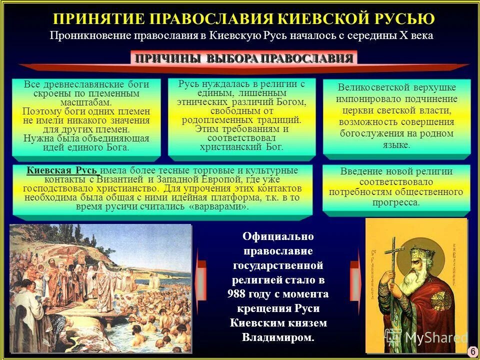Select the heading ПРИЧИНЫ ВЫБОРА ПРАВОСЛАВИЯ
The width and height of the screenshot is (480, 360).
pyautogui.click(x=244, y=58)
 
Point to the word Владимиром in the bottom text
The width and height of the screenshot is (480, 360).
pyautogui.click(x=278, y=337)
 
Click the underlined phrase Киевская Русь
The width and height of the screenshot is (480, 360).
pyautogui.click(x=62, y=170)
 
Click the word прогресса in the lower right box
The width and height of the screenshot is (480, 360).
pyautogui.click(x=396, y=202)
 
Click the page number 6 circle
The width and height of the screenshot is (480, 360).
pyautogui.click(x=472, y=351)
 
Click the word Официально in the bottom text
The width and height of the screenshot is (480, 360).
pyautogui.click(x=278, y=236)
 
